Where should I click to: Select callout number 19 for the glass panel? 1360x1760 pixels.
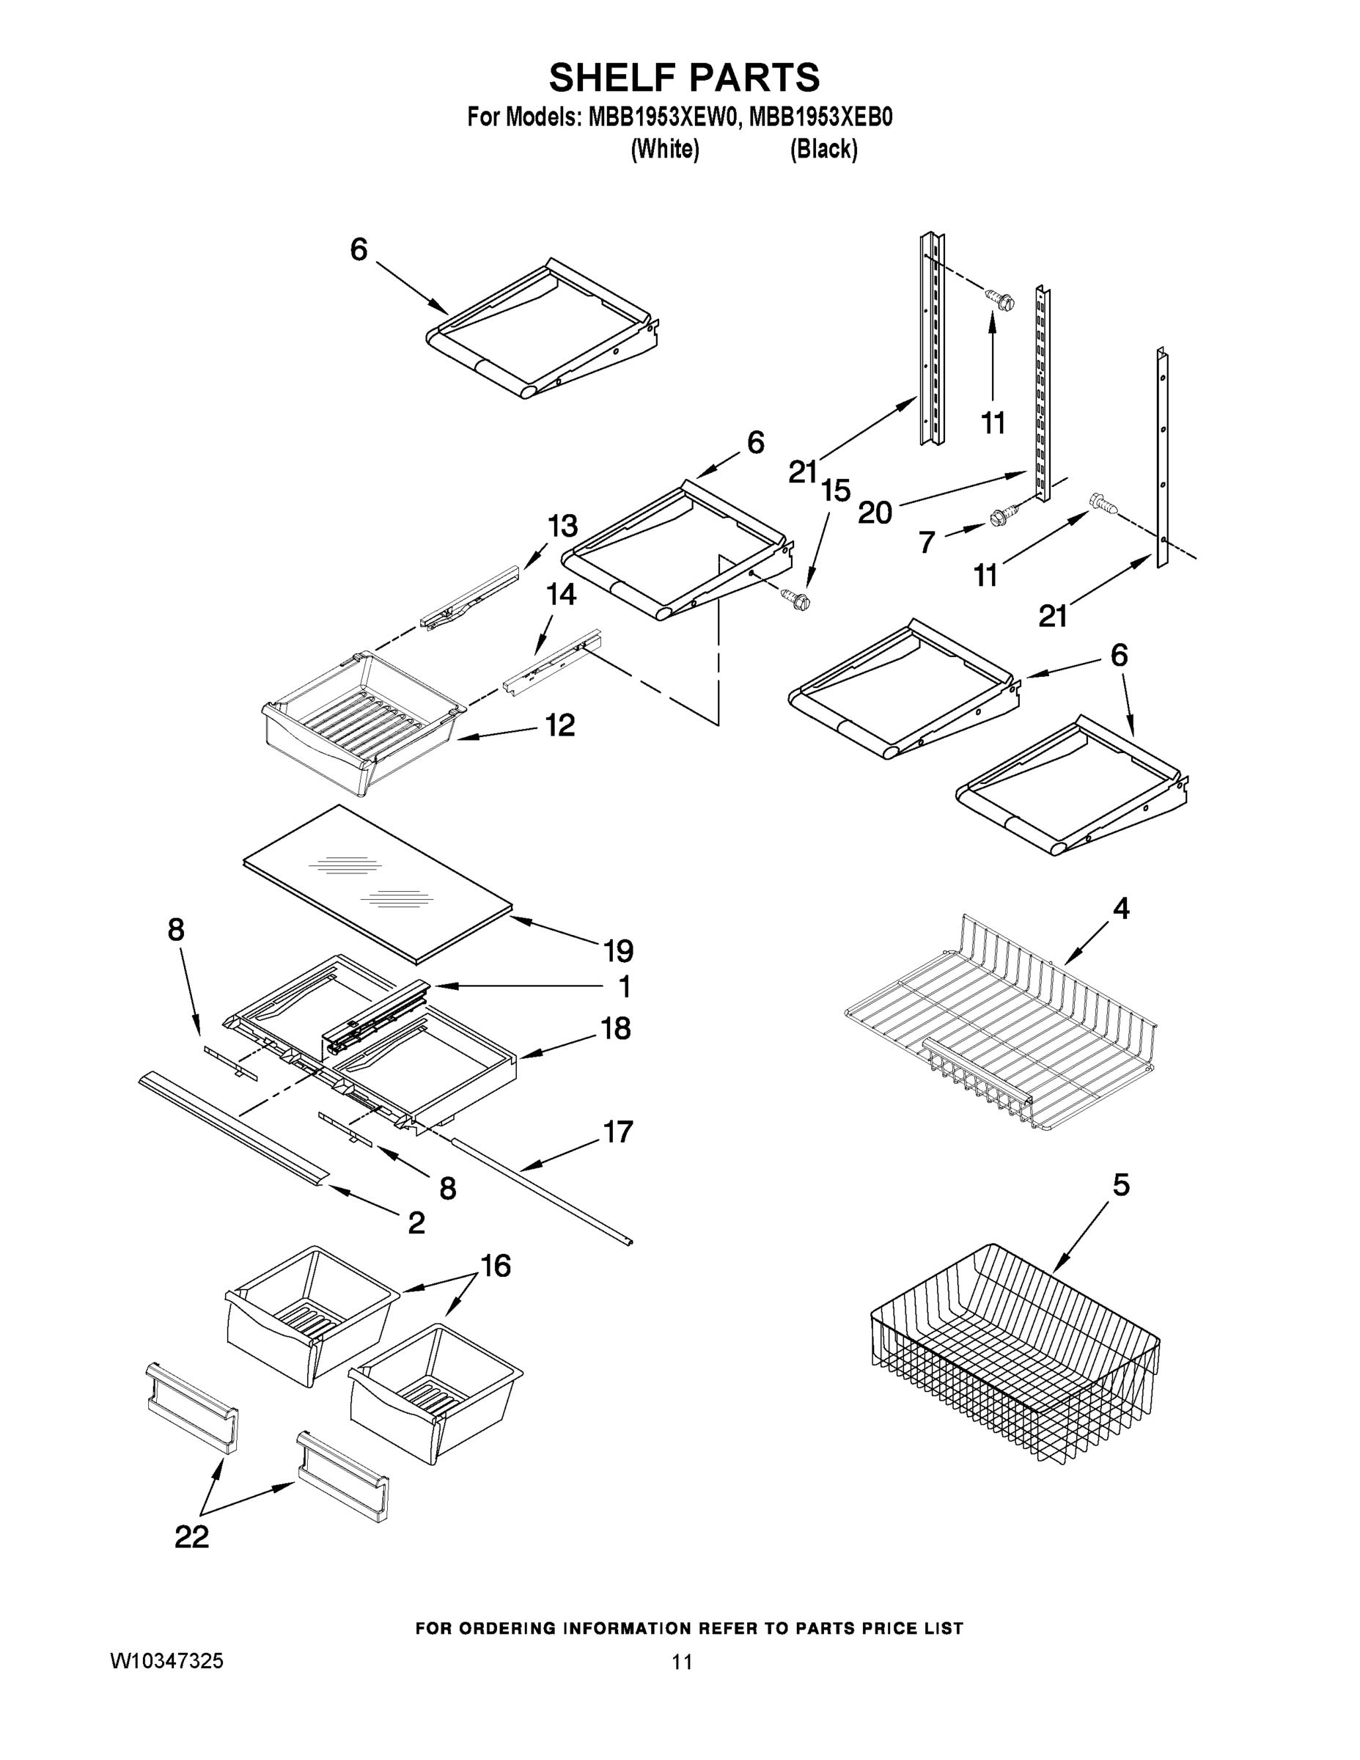[618, 951]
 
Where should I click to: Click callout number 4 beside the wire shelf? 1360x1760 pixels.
[1121, 909]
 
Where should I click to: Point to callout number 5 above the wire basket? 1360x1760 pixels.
[1121, 1184]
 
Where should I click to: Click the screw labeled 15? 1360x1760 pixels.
[795, 598]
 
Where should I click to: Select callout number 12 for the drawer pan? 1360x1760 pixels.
[560, 725]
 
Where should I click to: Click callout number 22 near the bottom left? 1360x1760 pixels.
[192, 1537]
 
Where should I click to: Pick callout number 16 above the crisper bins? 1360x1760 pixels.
[496, 1266]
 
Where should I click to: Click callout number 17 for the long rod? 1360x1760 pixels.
[618, 1132]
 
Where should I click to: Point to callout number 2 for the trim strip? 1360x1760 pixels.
[416, 1222]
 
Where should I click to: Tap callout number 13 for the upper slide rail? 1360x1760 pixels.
[562, 527]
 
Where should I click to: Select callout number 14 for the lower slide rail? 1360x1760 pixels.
[561, 595]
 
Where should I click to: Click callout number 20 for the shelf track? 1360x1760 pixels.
[875, 512]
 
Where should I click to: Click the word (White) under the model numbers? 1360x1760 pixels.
[664, 149]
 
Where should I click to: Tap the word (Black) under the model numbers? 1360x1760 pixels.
[823, 149]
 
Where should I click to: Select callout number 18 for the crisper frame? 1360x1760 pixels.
[616, 1028]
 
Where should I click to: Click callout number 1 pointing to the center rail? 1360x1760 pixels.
[625, 986]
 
